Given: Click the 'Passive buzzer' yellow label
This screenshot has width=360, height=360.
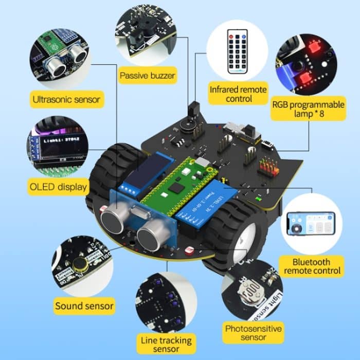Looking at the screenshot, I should tap(148, 77).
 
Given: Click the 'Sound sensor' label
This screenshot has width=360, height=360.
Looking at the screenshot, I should tap(84, 306).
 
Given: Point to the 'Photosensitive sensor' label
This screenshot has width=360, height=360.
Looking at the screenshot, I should tap(246, 332).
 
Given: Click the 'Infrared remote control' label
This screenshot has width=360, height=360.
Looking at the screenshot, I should tap(238, 94).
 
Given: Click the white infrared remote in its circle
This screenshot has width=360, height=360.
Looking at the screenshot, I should tap(238, 50).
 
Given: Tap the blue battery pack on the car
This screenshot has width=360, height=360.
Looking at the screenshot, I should tap(206, 203).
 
